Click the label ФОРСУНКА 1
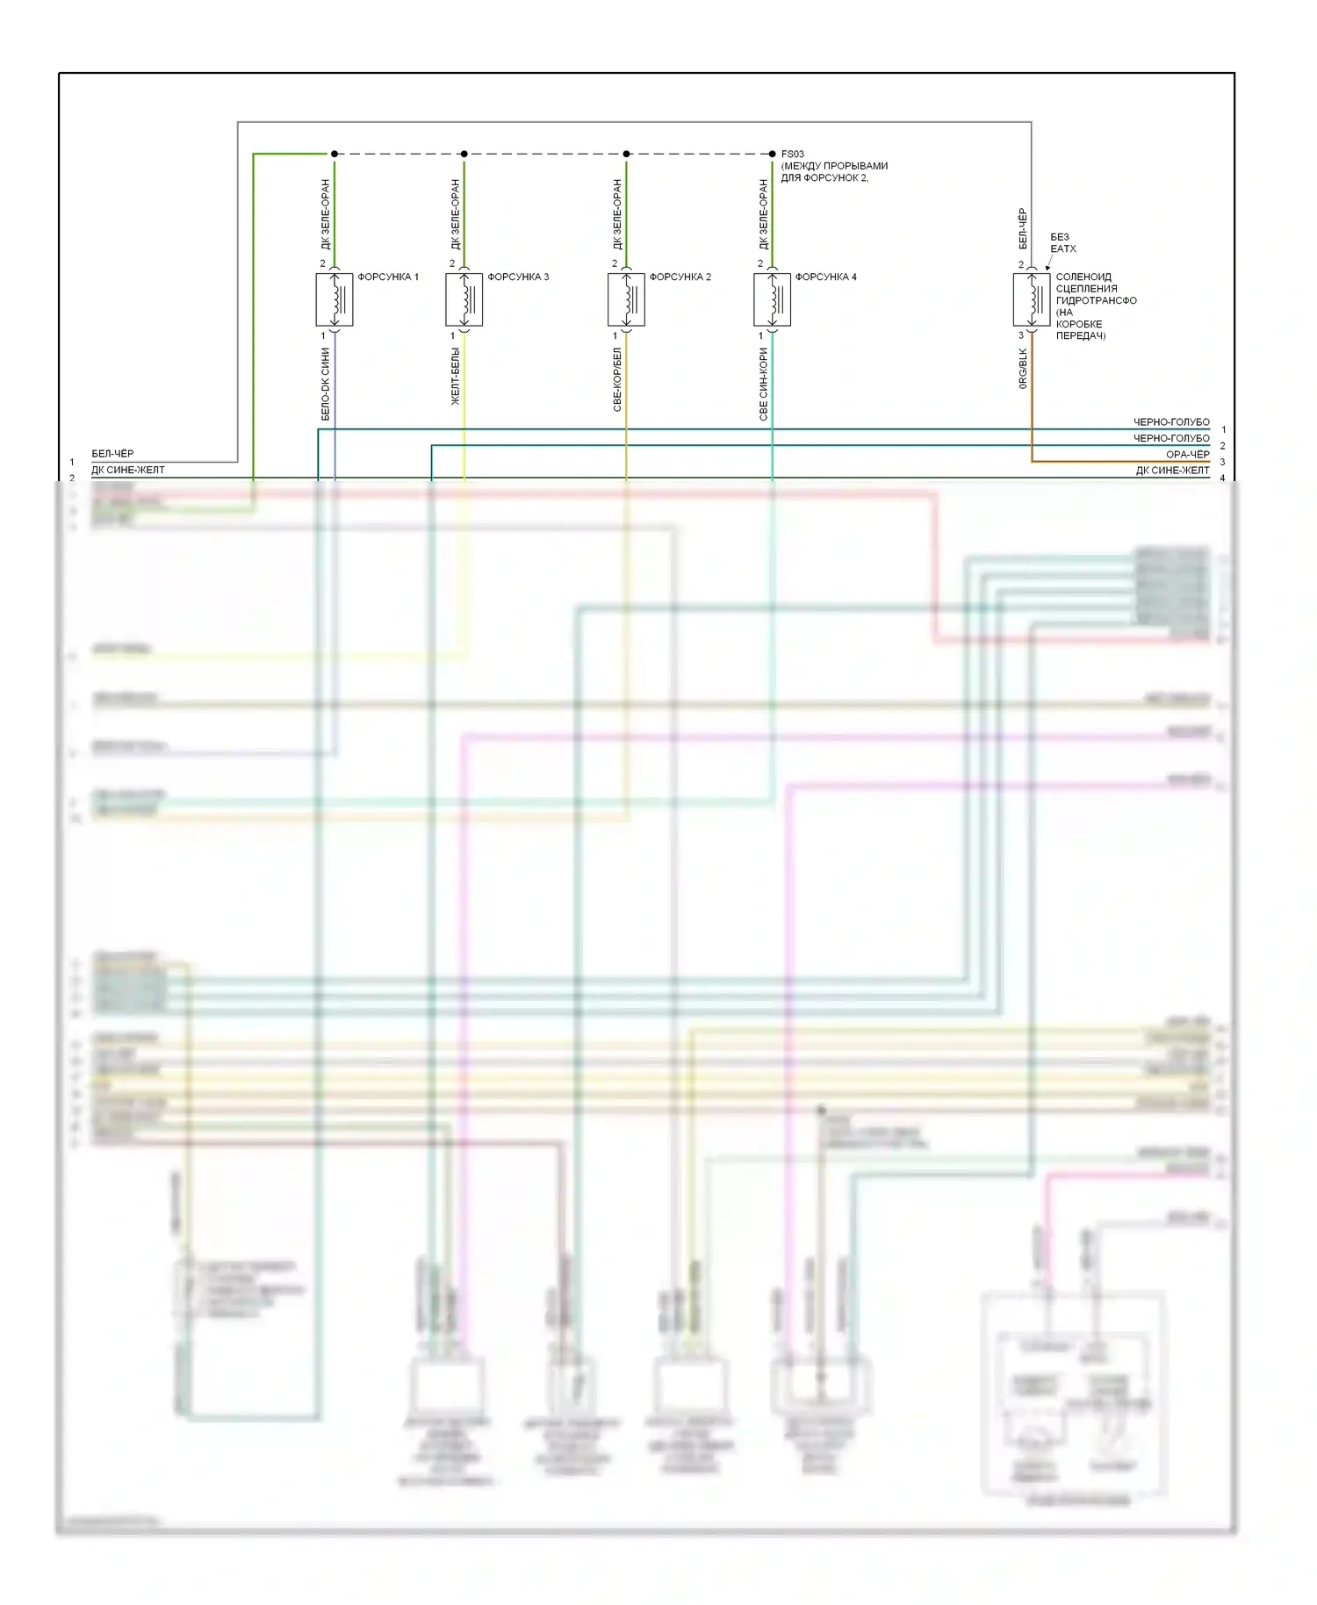click(x=388, y=277)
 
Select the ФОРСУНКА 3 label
click(x=518, y=277)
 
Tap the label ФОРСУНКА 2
click(x=680, y=277)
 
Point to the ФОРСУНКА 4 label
click(x=826, y=277)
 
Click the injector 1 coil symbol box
click(x=335, y=300)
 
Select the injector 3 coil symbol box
click(x=464, y=300)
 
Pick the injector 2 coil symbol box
click(x=626, y=300)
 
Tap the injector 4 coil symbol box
click(x=773, y=300)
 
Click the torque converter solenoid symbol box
click(x=1032, y=300)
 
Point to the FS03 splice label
click(x=793, y=154)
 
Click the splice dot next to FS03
click(x=773, y=154)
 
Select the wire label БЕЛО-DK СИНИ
click(x=325, y=384)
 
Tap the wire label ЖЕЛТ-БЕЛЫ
click(x=455, y=376)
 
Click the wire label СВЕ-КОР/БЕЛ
click(x=617, y=379)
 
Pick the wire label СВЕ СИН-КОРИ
click(x=763, y=384)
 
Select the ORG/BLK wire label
click(x=1023, y=368)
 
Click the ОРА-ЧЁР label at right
click(x=1187, y=454)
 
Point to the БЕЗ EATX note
click(x=1062, y=242)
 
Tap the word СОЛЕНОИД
click(x=1083, y=277)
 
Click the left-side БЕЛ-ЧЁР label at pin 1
click(x=112, y=453)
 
